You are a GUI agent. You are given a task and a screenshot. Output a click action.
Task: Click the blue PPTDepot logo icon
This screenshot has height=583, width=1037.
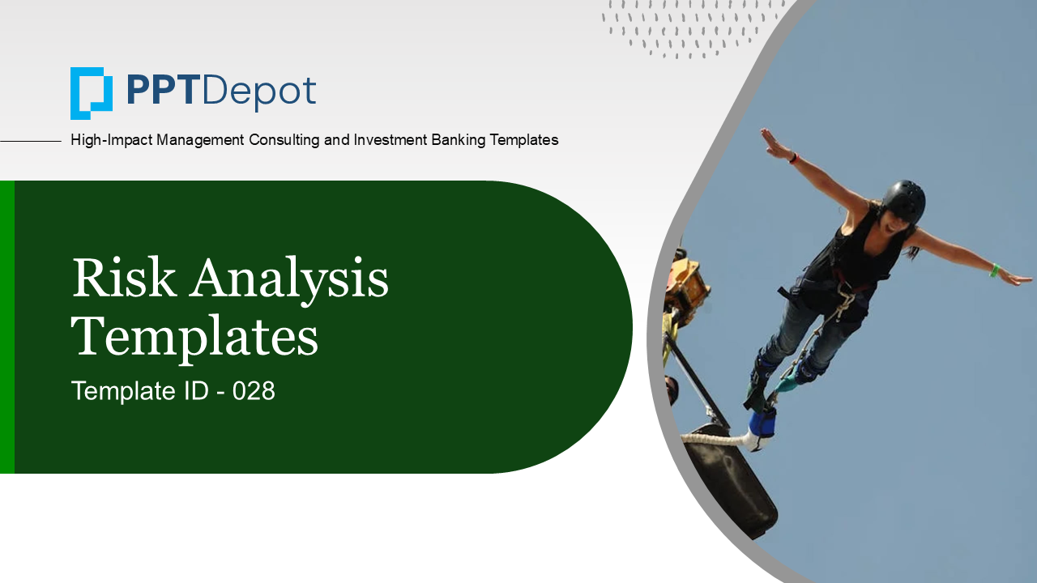click(x=92, y=93)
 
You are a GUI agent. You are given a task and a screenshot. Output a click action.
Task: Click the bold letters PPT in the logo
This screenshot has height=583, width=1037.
click(x=162, y=91)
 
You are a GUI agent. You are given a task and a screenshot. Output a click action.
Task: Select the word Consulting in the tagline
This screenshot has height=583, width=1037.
click(x=284, y=140)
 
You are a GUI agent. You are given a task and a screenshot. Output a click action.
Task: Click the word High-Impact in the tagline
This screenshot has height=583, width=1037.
click(x=111, y=140)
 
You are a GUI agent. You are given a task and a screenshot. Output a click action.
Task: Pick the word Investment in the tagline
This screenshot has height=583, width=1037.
click(x=390, y=140)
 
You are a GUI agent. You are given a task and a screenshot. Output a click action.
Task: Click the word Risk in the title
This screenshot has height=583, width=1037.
click(x=124, y=278)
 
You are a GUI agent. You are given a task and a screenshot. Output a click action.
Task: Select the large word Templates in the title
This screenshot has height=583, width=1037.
click(x=194, y=338)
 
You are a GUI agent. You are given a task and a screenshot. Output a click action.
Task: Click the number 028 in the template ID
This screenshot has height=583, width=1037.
click(x=254, y=391)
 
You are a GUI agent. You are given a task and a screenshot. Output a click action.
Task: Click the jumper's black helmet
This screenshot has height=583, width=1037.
click(x=903, y=201)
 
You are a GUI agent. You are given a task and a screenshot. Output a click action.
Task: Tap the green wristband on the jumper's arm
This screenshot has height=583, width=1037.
click(x=994, y=270)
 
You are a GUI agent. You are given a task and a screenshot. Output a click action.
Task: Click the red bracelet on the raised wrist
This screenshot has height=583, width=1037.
click(x=794, y=158)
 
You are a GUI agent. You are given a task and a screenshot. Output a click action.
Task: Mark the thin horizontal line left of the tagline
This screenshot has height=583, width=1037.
click(x=31, y=141)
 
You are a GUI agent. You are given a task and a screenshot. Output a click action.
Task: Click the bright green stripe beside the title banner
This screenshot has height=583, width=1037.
click(x=7, y=326)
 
